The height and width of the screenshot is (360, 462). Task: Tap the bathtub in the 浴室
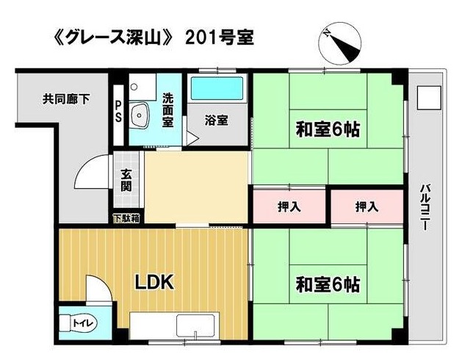tap(217, 88)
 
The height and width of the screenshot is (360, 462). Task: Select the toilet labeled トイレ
tap(77, 323)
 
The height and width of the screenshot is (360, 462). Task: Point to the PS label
tap(118, 112)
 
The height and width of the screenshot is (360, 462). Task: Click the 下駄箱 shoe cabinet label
tap(126, 218)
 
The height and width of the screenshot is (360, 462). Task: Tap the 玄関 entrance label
tap(126, 180)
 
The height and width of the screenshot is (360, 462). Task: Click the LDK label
tap(154, 282)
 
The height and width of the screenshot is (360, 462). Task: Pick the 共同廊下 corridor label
tap(66, 99)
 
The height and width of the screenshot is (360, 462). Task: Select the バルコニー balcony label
tap(425, 207)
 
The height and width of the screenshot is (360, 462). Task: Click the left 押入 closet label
tap(289, 206)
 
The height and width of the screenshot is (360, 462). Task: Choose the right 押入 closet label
tap(367, 206)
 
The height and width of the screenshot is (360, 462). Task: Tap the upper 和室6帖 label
tap(328, 129)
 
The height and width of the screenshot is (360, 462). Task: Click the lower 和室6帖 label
tap(328, 284)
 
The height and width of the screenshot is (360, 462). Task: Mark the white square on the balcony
tap(429, 98)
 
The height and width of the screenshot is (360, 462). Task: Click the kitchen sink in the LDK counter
tap(195, 327)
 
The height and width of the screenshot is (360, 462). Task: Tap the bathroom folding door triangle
tap(192, 139)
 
